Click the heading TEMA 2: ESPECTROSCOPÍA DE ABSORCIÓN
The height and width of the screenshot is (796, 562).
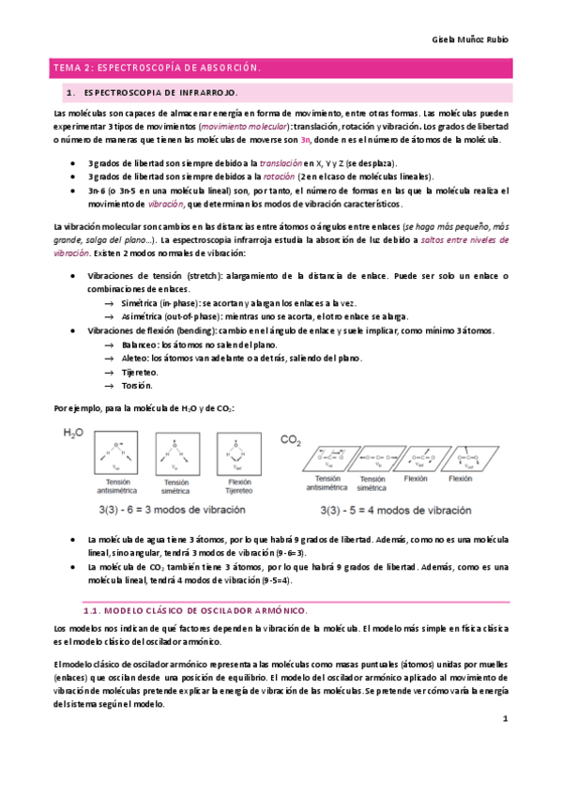(156, 69)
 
